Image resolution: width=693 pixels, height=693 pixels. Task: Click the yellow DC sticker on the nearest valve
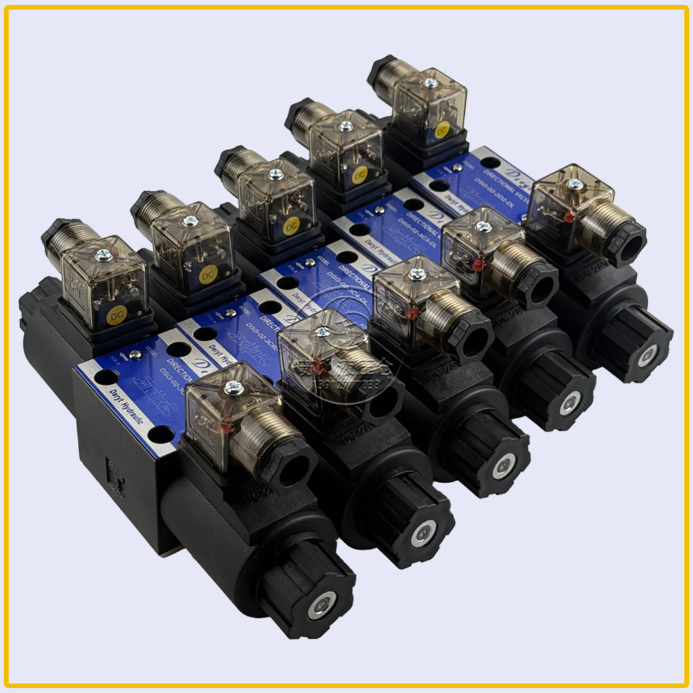(116, 314)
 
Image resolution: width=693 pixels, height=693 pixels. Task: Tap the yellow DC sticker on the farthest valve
(442, 130)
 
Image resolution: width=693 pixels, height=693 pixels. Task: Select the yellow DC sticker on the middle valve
(292, 224)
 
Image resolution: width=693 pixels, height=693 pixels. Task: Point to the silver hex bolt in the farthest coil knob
(647, 355)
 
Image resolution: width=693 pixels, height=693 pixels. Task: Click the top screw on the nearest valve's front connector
(233, 388)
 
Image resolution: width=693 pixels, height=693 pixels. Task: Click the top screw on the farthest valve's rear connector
(430, 83)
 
